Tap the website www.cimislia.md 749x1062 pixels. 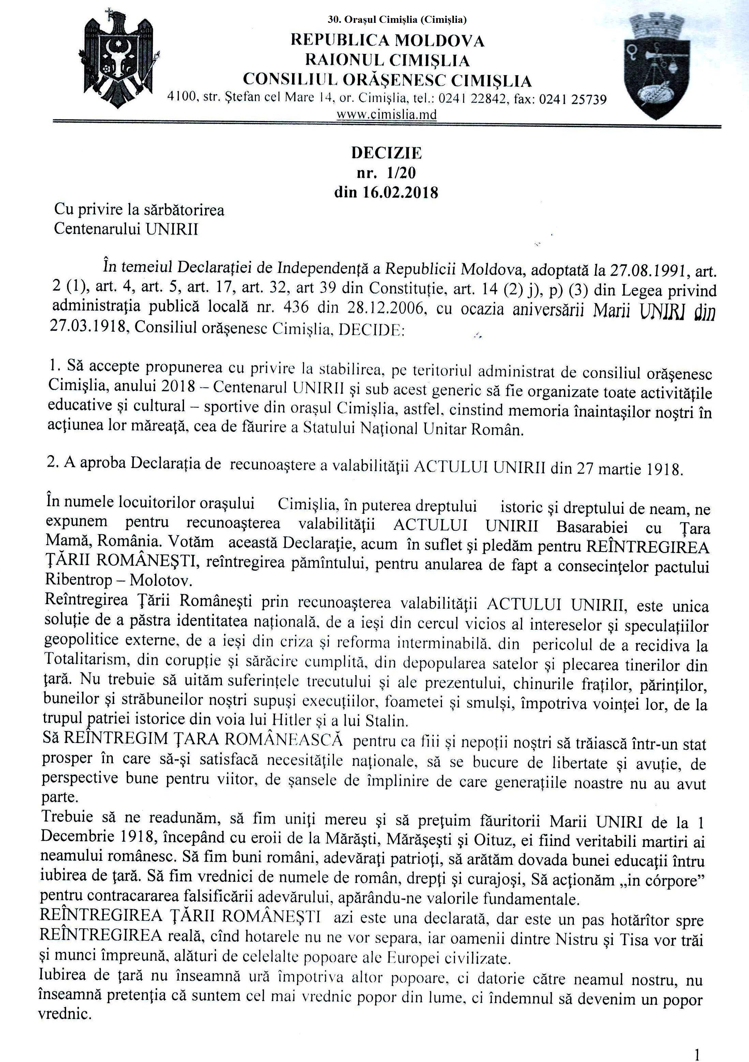(386, 114)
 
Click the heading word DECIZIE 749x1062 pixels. (386, 153)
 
